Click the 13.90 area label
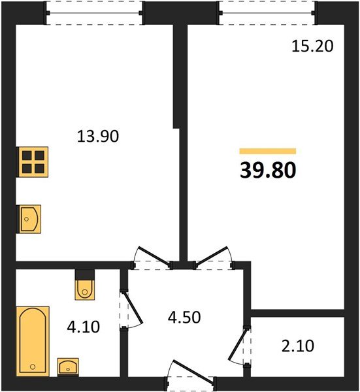[x=98, y=137]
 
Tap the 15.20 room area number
[x=312, y=46]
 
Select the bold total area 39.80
[x=268, y=170]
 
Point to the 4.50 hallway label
[x=184, y=318]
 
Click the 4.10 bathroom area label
[x=84, y=327]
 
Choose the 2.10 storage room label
[x=298, y=346]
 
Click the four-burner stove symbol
[x=32, y=162]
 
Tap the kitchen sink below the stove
[x=29, y=220]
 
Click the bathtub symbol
[x=33, y=341]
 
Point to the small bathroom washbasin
[x=68, y=367]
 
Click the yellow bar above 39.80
[x=268, y=152]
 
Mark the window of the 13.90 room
[x=94, y=13]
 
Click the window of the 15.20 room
[x=267, y=13]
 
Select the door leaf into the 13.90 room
[x=154, y=257]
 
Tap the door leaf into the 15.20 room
[x=212, y=257]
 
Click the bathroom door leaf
[x=133, y=308]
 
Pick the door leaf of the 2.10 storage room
[x=237, y=344]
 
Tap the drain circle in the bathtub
[x=33, y=367]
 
